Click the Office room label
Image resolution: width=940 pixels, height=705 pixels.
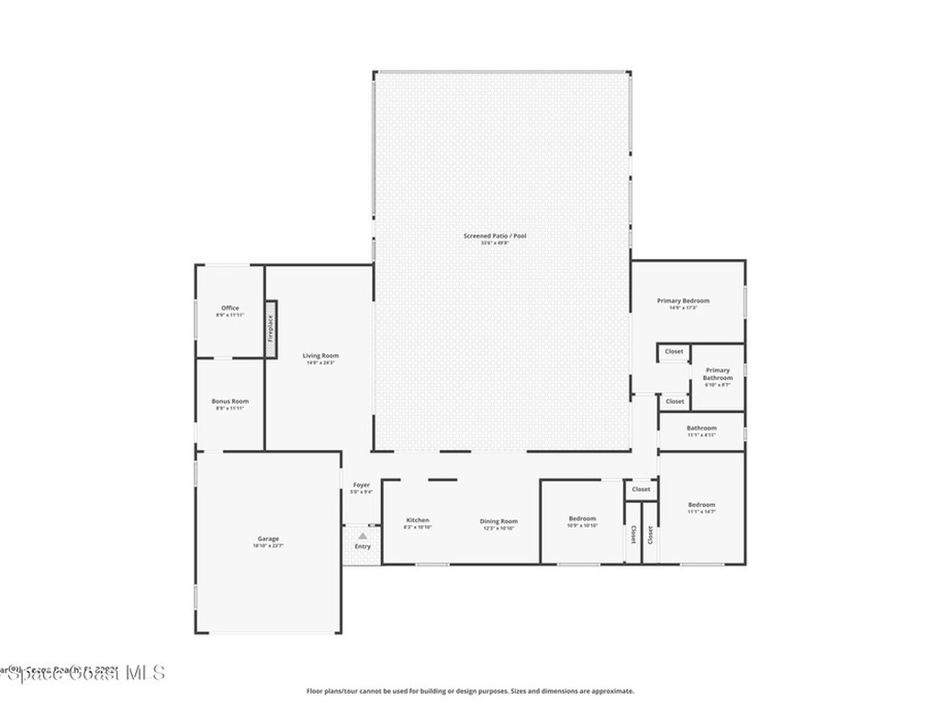click(x=229, y=308)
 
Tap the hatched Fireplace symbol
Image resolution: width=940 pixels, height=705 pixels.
click(x=271, y=327)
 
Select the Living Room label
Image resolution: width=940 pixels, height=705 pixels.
click(x=322, y=355)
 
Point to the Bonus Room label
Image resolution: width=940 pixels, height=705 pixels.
click(x=229, y=401)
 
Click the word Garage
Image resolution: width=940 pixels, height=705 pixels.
click(x=268, y=539)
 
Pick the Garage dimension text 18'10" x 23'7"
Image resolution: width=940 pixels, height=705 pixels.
click(x=268, y=546)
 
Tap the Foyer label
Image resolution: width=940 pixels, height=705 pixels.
click(x=362, y=485)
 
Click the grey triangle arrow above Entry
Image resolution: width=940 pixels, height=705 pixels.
click(x=363, y=535)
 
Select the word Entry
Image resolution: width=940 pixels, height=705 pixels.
click(x=363, y=547)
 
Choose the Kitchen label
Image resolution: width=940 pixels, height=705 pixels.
click(x=418, y=520)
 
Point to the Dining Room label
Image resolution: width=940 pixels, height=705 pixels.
click(x=498, y=521)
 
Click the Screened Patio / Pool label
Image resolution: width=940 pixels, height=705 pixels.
click(x=495, y=236)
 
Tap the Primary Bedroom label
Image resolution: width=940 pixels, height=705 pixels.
click(x=683, y=300)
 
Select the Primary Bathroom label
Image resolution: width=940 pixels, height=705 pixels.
click(x=718, y=374)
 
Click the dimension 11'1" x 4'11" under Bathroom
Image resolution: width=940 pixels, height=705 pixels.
click(x=701, y=435)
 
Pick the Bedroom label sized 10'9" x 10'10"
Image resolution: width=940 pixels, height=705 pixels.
click(x=582, y=519)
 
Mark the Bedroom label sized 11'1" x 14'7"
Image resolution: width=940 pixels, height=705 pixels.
click(x=701, y=505)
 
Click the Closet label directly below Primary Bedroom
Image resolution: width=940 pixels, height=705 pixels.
click(x=674, y=352)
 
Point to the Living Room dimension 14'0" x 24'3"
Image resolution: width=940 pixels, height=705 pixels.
click(x=322, y=363)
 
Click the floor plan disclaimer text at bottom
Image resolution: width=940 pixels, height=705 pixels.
click(x=469, y=691)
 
